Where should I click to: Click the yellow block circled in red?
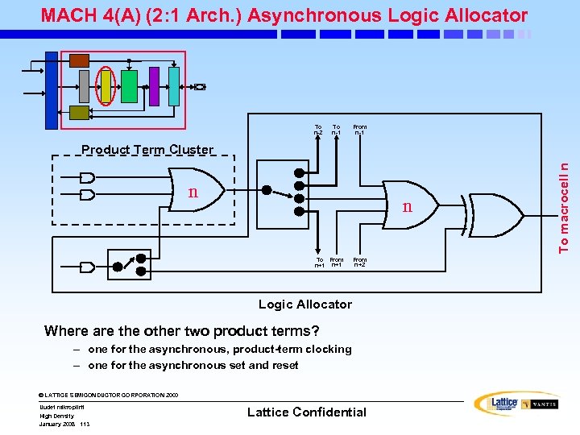(106, 86)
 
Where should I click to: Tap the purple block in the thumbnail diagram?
(154, 86)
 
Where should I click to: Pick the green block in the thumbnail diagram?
(128, 86)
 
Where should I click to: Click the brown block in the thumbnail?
(79, 60)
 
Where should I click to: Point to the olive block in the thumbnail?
(79, 113)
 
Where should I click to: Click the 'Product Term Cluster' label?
(147, 150)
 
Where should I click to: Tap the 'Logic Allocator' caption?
(304, 304)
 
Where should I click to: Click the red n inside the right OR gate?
(408, 207)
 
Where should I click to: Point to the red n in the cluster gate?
(193, 193)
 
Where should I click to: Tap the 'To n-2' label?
(318, 130)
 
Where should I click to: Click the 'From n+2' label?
(359, 263)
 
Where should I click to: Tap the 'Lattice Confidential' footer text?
(306, 412)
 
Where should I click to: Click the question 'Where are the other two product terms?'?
(182, 331)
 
